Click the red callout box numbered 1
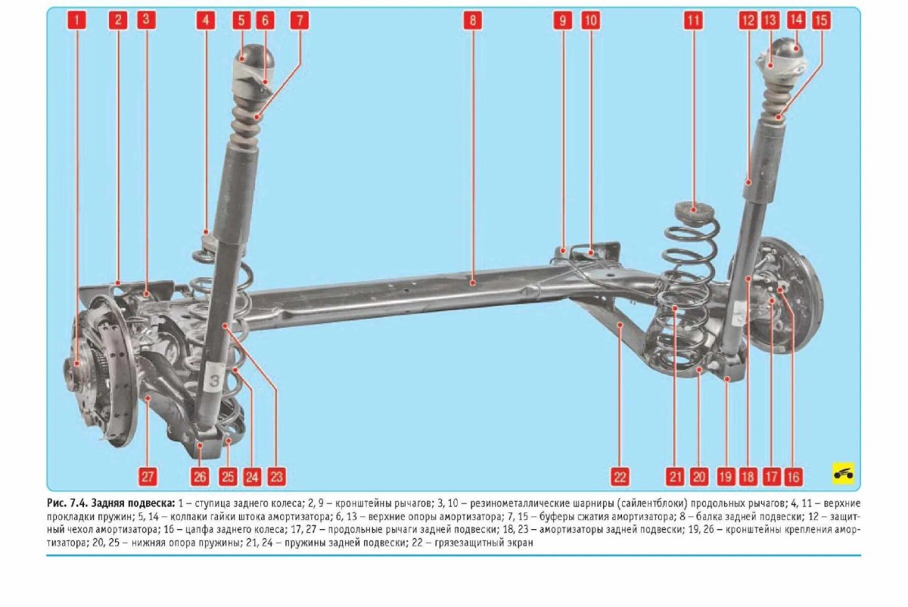(76, 20)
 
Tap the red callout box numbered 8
(473, 20)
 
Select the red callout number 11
(694, 20)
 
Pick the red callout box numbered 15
(821, 20)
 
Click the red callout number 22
(620, 476)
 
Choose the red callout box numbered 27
(147, 476)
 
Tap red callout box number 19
(725, 476)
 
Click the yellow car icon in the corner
(843, 473)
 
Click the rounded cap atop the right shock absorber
(788, 51)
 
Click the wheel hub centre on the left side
(77, 364)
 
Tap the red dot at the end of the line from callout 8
(473, 282)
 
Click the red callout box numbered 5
(241, 20)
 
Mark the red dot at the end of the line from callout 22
(620, 325)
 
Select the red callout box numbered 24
(252, 476)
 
